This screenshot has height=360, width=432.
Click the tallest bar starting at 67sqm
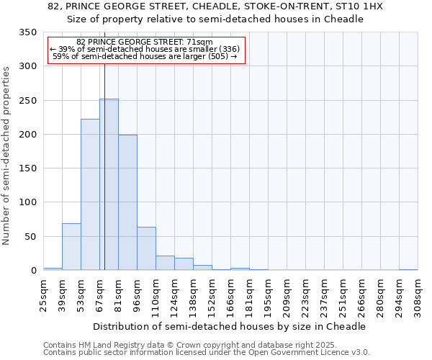pyautogui.click(x=109, y=184)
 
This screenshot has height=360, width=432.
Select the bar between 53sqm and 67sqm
pyautogui.click(x=90, y=194)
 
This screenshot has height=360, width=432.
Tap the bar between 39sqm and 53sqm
pyautogui.click(x=71, y=247)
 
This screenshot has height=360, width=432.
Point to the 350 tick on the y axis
pyautogui.click(x=27, y=32)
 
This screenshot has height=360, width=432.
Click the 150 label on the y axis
pyautogui.click(x=27, y=168)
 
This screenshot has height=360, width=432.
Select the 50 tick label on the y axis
pyautogui.click(x=30, y=237)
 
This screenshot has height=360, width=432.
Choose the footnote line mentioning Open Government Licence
pyautogui.click(x=207, y=353)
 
